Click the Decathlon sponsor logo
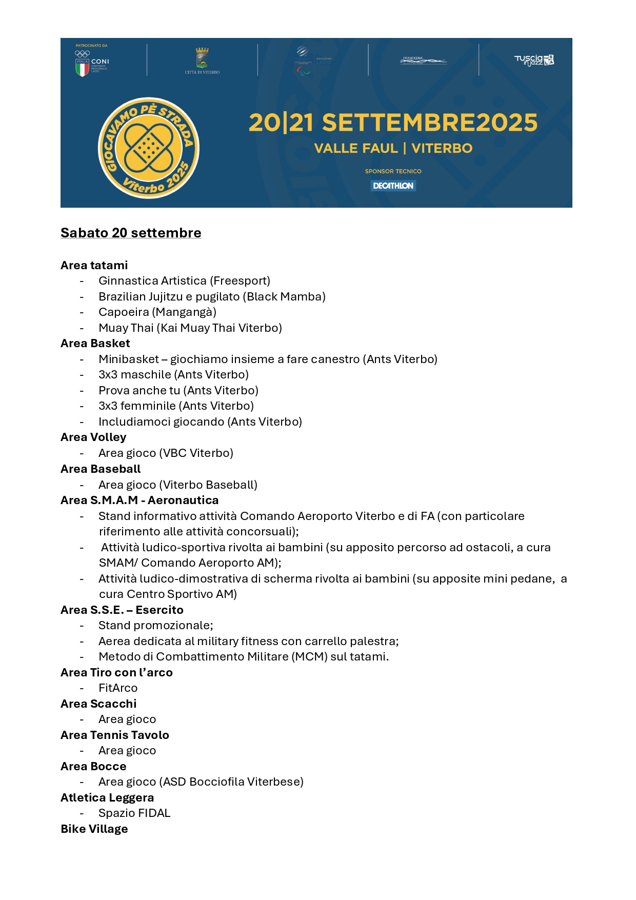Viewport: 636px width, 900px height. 393,186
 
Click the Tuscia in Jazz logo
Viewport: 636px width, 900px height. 534,60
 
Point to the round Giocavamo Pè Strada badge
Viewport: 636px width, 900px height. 148,148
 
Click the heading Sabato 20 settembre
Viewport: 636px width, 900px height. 131,233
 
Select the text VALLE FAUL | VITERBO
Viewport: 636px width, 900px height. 393,149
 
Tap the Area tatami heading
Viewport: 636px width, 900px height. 94,265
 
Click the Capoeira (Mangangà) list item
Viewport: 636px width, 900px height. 157,312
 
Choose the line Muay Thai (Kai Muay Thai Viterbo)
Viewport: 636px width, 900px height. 190,328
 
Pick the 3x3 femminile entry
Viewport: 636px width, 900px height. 176,406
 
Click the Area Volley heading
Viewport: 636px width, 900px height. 93,437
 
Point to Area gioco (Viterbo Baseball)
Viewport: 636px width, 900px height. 178,485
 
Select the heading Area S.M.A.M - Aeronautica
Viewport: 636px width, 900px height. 140,500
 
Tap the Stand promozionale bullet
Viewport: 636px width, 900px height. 156,625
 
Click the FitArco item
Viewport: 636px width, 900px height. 118,688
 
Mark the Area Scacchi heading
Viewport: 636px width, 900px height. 98,704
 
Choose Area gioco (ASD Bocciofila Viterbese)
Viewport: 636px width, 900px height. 201,782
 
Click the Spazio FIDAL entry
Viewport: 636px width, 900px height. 134,813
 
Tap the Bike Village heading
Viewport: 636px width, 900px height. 94,829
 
